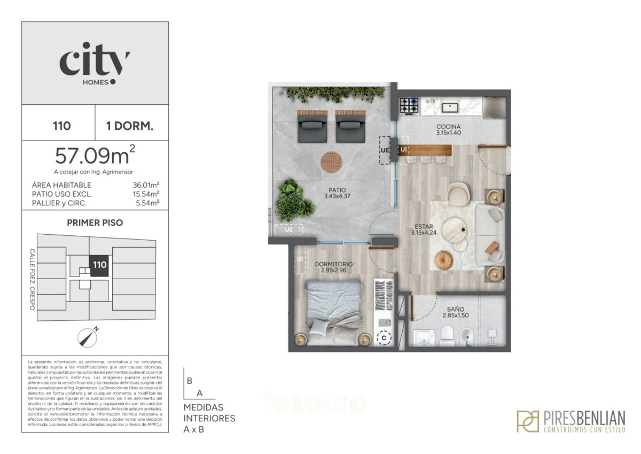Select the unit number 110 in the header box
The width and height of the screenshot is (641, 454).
point(62,126)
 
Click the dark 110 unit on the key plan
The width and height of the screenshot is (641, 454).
point(99,265)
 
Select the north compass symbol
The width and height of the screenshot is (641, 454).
point(87,336)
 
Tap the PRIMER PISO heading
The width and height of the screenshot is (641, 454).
point(95,223)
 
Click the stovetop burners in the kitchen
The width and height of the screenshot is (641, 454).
point(410,105)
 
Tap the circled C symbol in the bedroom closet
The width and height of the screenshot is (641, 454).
point(383,338)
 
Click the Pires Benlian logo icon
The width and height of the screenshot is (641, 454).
point(527,421)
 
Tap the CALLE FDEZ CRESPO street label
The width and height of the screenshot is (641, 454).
point(33,279)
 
